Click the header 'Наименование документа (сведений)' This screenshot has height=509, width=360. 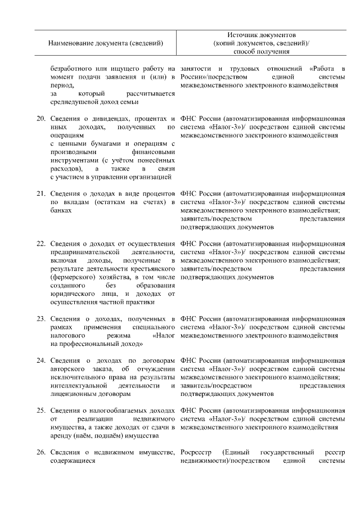[x=106, y=43]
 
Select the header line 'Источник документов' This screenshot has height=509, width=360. [x=262, y=35]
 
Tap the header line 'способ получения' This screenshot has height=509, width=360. [x=262, y=52]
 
